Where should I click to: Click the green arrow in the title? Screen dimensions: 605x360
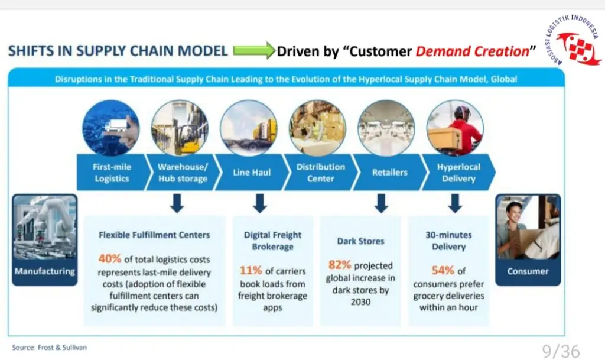pos(254,51)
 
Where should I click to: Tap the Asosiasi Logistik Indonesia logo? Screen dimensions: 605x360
pos(573,41)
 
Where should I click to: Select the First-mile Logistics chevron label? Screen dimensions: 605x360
pos(112,173)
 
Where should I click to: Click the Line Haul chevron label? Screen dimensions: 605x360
pos(252,173)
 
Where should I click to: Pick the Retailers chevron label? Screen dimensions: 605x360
pos(390,173)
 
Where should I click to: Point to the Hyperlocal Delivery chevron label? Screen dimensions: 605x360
pos(458,173)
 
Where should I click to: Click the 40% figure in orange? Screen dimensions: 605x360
pos(110,258)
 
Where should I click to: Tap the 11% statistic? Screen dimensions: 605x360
pos(251,270)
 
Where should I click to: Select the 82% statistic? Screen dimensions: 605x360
pos(340,265)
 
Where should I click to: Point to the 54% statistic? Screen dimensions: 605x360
pos(443,270)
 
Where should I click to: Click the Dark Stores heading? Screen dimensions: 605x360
pos(361,241)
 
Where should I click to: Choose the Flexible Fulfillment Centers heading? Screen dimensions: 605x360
pos(154,235)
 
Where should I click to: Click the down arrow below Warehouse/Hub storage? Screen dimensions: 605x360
pos(177,203)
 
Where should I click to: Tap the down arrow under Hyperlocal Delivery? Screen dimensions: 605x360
pos(456,203)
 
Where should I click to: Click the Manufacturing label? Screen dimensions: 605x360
pos(45,271)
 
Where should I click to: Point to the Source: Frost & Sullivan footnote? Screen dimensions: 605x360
pos(50,347)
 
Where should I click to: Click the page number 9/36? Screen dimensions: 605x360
pos(561,351)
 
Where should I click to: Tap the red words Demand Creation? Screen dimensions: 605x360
pos(472,51)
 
